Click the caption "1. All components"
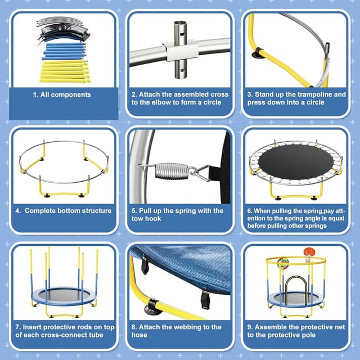click(61, 94)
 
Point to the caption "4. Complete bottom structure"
click(64, 211)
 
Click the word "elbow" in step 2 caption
click(164, 103)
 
